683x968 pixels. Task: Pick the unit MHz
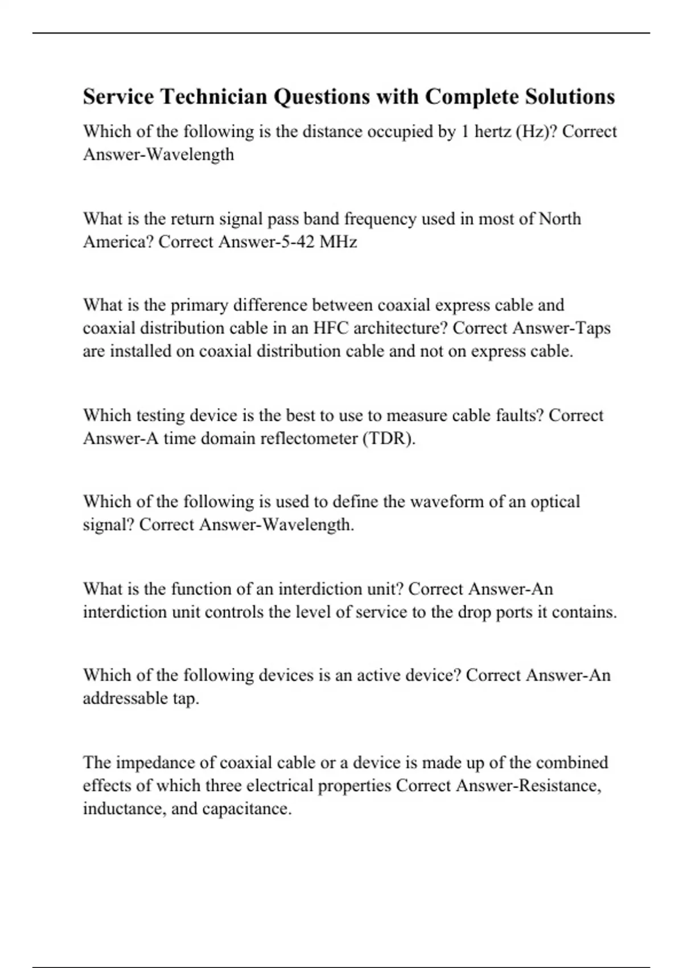pos(338,242)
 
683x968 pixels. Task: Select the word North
pos(559,219)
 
